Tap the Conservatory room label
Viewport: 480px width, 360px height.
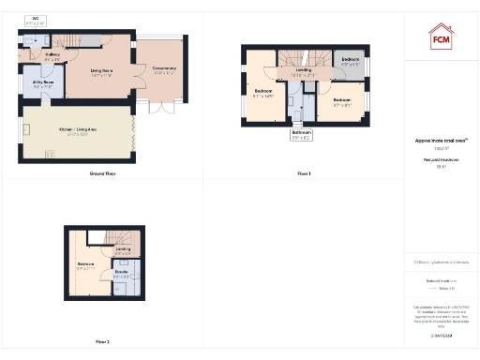(x=165, y=67)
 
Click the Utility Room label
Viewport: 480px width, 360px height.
(x=42, y=83)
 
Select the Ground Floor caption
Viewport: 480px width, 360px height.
(x=102, y=173)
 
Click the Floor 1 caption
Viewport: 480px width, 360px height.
(x=303, y=173)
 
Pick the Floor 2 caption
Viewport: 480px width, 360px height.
(x=102, y=341)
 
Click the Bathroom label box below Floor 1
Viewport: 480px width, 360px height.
(x=301, y=134)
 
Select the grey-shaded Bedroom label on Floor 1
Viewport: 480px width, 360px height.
(x=350, y=61)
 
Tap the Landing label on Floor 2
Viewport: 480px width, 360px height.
(x=123, y=251)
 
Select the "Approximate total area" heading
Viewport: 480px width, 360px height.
(x=440, y=141)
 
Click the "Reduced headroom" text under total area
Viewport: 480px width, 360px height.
(x=440, y=160)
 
